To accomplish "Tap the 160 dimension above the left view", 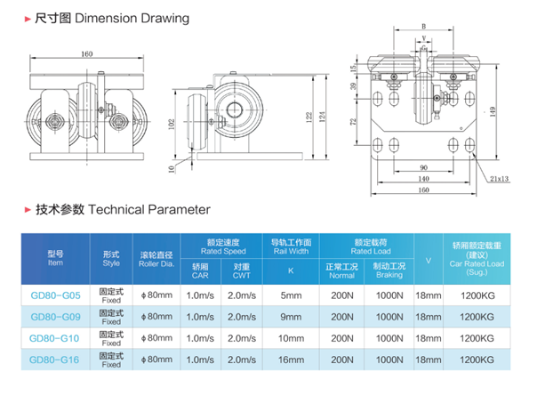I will pyautogui.click(x=87, y=55).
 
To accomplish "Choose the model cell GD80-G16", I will pyautogui.click(x=55, y=360).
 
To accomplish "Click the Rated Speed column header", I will pyautogui.click(x=220, y=246).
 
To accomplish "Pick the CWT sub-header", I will pyautogui.click(x=241, y=271).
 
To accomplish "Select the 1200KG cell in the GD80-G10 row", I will pyautogui.click(x=478, y=338).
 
